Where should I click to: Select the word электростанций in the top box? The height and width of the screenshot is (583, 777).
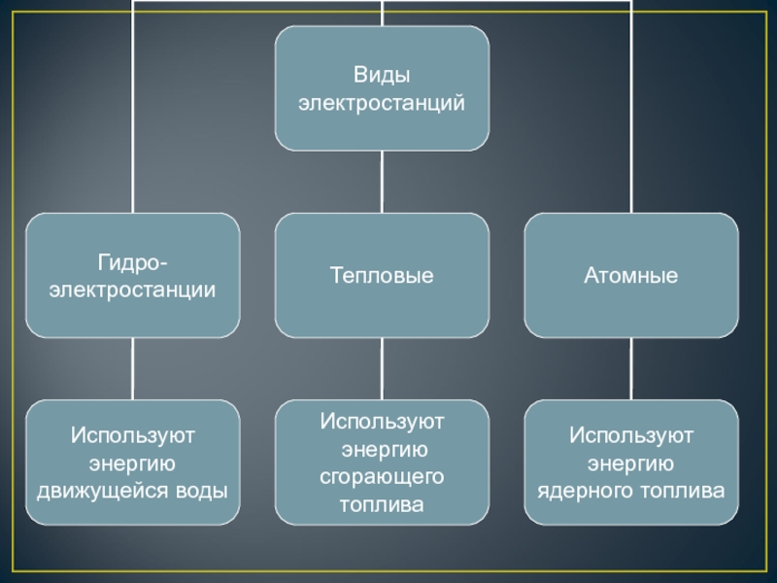[382, 101]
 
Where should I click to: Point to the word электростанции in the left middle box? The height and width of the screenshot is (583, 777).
[132, 290]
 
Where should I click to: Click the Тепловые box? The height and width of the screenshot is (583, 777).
[382, 276]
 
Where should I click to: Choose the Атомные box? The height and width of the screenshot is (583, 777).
[631, 276]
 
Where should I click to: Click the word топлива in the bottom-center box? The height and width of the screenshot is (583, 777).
[382, 505]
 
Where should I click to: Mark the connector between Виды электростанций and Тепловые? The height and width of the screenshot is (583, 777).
[382, 182]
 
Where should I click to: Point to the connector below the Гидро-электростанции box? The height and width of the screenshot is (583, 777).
[132, 368]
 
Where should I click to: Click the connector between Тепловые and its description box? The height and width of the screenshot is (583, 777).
[382, 368]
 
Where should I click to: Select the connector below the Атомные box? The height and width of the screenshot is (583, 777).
[631, 368]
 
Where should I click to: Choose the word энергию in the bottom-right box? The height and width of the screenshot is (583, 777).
[631, 462]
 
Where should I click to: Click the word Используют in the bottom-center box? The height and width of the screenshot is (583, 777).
[382, 422]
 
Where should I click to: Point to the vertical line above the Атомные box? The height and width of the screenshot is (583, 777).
[631, 107]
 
